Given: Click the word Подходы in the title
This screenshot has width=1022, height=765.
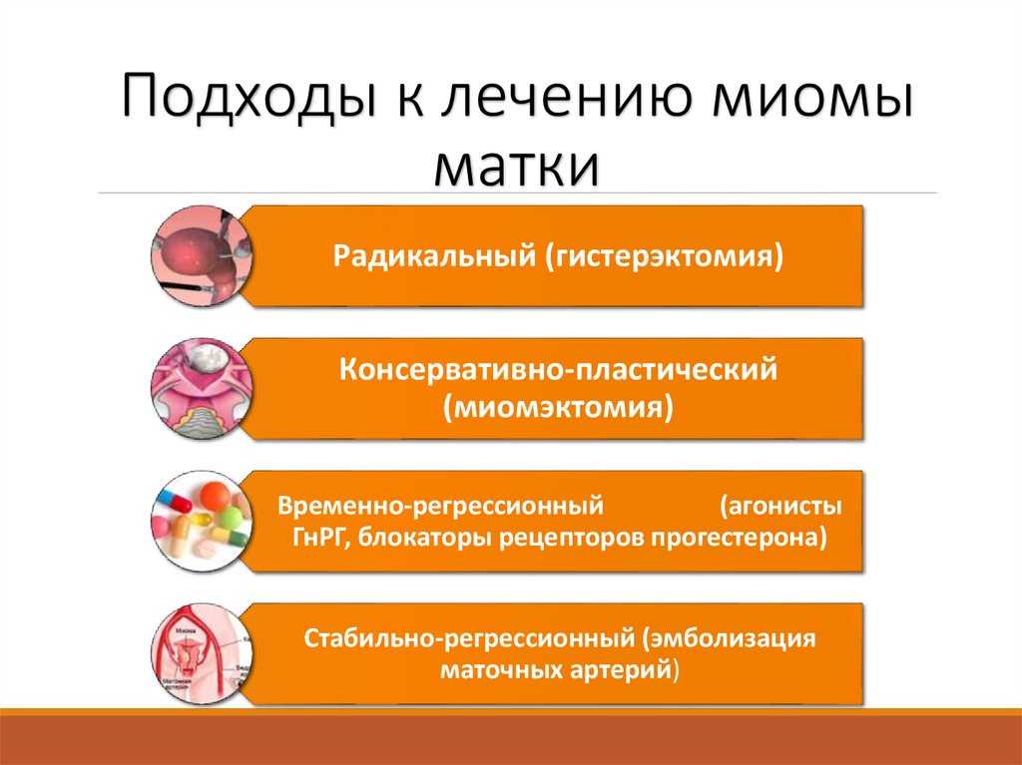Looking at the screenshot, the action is click(x=250, y=98).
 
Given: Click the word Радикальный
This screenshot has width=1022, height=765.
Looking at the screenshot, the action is click(x=434, y=256).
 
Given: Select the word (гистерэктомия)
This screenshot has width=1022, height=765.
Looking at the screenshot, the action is click(x=664, y=256).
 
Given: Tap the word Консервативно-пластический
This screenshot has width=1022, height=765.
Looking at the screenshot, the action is click(x=558, y=370).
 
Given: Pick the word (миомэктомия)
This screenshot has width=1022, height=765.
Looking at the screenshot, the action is click(x=558, y=408).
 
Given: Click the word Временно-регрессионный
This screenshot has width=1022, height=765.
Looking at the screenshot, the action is click(x=440, y=506).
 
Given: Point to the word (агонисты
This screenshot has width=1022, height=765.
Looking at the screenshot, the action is click(x=780, y=506).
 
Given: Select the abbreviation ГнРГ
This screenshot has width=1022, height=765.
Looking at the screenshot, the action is click(x=318, y=538).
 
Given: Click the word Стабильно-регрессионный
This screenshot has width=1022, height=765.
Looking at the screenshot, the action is click(x=469, y=637).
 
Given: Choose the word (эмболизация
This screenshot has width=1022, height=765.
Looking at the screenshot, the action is click(x=730, y=637).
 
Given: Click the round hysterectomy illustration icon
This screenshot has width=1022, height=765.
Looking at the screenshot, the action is click(x=202, y=256).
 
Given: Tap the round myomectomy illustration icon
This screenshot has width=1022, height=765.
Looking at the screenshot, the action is click(x=202, y=388).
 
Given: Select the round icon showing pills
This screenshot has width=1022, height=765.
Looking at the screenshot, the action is click(x=202, y=521).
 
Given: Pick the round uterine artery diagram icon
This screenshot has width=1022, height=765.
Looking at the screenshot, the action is click(x=202, y=653).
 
